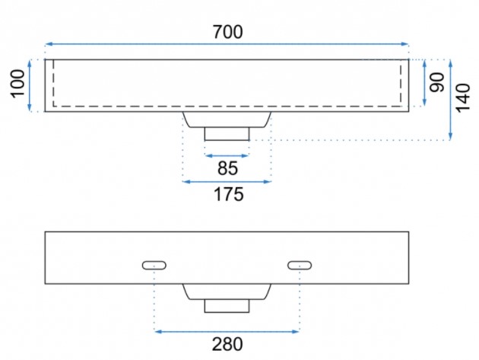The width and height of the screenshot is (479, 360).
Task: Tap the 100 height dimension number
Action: pos(17,84)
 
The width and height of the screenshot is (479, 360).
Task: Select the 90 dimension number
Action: pos(436,83)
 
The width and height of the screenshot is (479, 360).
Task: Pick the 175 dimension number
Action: pos(227,194)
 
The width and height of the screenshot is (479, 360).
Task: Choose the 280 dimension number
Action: pos(227,344)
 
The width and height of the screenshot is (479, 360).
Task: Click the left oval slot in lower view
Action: pos(154,265)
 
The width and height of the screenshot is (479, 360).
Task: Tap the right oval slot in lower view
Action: pos(300,265)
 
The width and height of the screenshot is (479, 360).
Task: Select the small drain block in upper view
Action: pos(227,133)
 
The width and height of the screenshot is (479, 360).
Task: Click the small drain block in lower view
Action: pos(227,305)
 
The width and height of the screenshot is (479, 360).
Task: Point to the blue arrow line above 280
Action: pos(227,330)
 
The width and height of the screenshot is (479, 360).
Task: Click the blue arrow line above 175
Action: pos(227,180)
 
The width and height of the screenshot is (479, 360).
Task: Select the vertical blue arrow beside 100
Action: pos(30,85)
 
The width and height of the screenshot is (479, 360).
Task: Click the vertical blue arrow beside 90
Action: pos(423,81)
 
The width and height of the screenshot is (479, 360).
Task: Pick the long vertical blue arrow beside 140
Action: pos(451,99)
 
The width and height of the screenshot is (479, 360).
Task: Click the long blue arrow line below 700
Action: pos(227,44)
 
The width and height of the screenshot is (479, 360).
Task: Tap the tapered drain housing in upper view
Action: pos(227,119)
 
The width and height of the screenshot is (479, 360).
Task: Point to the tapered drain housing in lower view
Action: pos(227,292)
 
